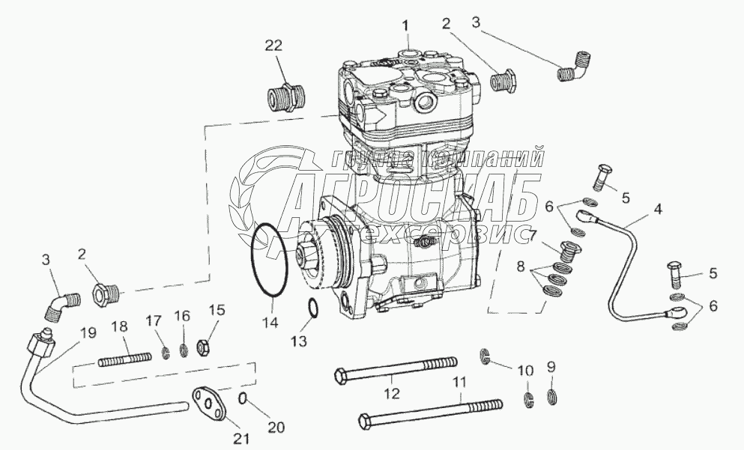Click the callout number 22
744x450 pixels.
272,46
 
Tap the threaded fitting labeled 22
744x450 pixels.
285,97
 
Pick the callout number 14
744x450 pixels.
270,323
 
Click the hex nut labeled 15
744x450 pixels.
202,347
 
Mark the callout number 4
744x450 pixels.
657,209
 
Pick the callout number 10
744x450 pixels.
527,369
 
